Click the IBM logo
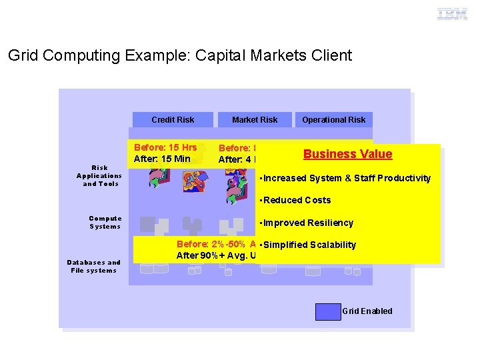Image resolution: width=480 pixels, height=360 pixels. click(x=452, y=14)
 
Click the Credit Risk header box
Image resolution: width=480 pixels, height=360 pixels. click(x=173, y=120)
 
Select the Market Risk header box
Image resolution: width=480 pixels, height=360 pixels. click(x=255, y=120)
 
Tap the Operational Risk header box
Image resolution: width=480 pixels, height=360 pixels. click(x=333, y=120)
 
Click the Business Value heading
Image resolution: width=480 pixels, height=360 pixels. click(x=347, y=154)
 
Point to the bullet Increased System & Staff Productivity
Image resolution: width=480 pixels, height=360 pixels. click(x=345, y=178)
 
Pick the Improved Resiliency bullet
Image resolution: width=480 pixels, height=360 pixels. click(x=307, y=223)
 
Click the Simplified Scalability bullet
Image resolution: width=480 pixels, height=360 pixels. click(x=308, y=245)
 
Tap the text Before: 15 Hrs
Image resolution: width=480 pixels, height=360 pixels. click(x=165, y=147)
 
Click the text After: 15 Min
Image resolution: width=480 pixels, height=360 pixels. click(x=162, y=159)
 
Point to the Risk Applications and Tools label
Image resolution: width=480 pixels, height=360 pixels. click(x=99, y=176)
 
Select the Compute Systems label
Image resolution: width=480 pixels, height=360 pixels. click(x=105, y=223)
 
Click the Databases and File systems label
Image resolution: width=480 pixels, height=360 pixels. click(x=93, y=267)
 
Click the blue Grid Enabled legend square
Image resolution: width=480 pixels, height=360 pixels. click(x=327, y=311)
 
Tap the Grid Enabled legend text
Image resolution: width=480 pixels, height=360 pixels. click(x=367, y=311)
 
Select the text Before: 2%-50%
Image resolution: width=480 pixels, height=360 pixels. click(x=203, y=245)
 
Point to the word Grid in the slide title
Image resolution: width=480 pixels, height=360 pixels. click(x=22, y=55)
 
